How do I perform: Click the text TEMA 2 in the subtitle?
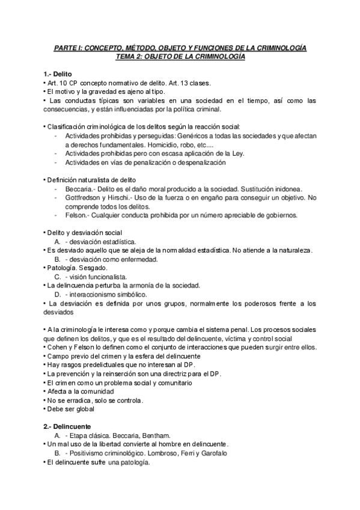click(x=130, y=56)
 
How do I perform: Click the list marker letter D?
click(x=58, y=294)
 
